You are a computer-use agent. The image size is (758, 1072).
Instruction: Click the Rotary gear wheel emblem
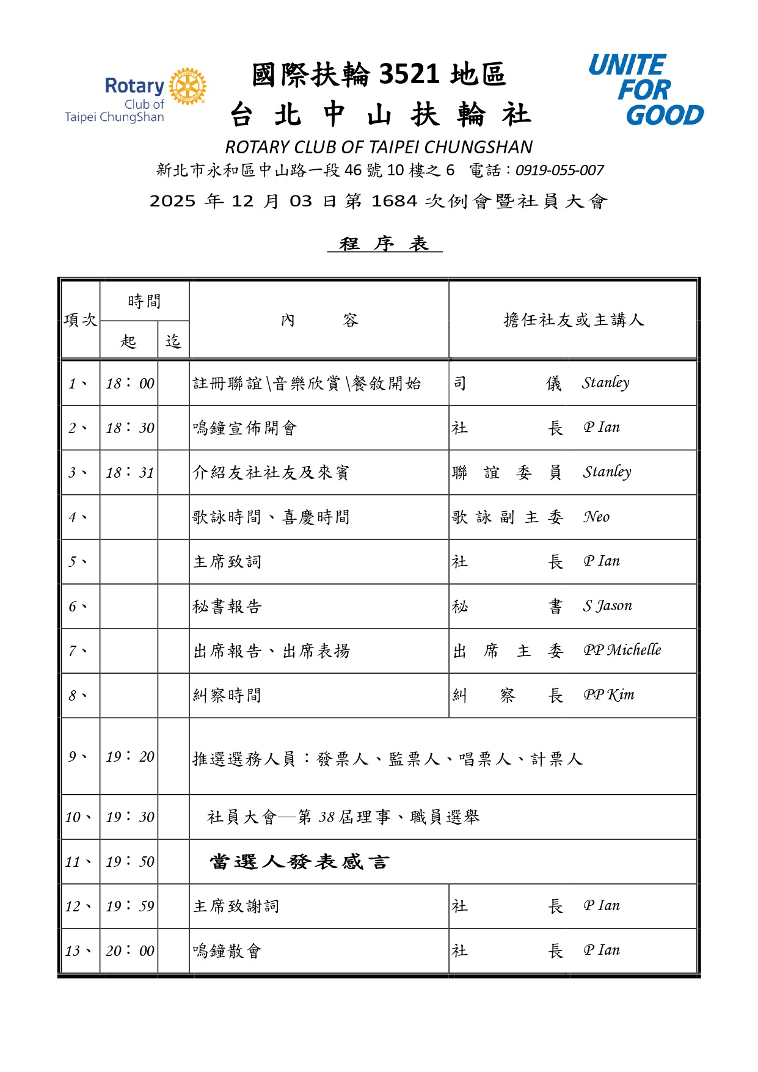188,86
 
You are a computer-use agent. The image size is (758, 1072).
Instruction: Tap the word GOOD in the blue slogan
665,115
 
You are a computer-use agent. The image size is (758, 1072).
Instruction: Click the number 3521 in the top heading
409,75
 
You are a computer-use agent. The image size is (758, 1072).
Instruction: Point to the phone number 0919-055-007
559,170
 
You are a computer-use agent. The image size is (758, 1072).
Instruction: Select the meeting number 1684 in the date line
394,201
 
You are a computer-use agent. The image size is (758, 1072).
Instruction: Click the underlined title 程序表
384,244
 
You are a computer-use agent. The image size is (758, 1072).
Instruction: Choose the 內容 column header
319,320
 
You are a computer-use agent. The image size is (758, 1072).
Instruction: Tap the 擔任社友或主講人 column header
573,320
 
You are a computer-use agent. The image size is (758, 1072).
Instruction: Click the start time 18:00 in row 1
130,384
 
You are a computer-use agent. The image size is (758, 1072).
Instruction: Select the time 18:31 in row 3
130,473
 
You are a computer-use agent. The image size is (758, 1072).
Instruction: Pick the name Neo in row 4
596,517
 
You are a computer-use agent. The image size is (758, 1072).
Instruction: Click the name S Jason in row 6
607,606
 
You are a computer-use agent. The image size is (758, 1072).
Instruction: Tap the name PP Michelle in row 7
622,650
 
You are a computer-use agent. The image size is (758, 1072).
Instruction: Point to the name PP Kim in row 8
608,695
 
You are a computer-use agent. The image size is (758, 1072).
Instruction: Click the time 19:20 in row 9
130,757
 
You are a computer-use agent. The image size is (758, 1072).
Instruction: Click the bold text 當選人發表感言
299,862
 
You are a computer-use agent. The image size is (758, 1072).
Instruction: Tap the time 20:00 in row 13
130,951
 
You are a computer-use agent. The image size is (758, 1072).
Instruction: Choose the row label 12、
78,906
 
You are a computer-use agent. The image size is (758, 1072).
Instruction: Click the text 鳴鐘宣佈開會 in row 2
245,428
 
